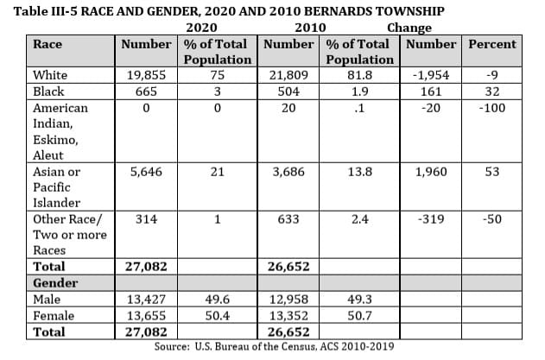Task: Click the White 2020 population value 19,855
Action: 146,75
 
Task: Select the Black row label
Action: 48,92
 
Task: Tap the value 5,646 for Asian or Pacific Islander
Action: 146,172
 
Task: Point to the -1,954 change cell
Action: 431,75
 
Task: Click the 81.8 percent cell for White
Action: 358,75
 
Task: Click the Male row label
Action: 47,300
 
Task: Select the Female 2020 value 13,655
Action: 146,316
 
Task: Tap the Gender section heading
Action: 55,283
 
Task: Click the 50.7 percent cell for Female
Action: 358,316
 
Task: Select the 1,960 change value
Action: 431,172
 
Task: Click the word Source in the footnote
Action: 172,346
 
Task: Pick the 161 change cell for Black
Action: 431,92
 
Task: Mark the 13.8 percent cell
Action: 358,172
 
